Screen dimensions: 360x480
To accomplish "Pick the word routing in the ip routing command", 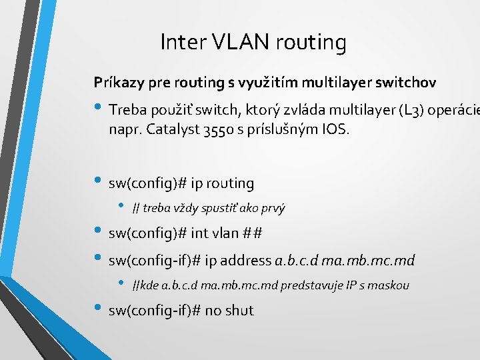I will tap(231, 183).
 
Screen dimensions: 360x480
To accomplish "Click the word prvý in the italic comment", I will tap(272, 208).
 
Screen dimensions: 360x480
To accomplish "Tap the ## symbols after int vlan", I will tap(253, 233).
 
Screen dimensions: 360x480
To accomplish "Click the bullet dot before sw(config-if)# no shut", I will tap(99, 309).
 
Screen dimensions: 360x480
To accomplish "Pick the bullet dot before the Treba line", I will tap(99, 107).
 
